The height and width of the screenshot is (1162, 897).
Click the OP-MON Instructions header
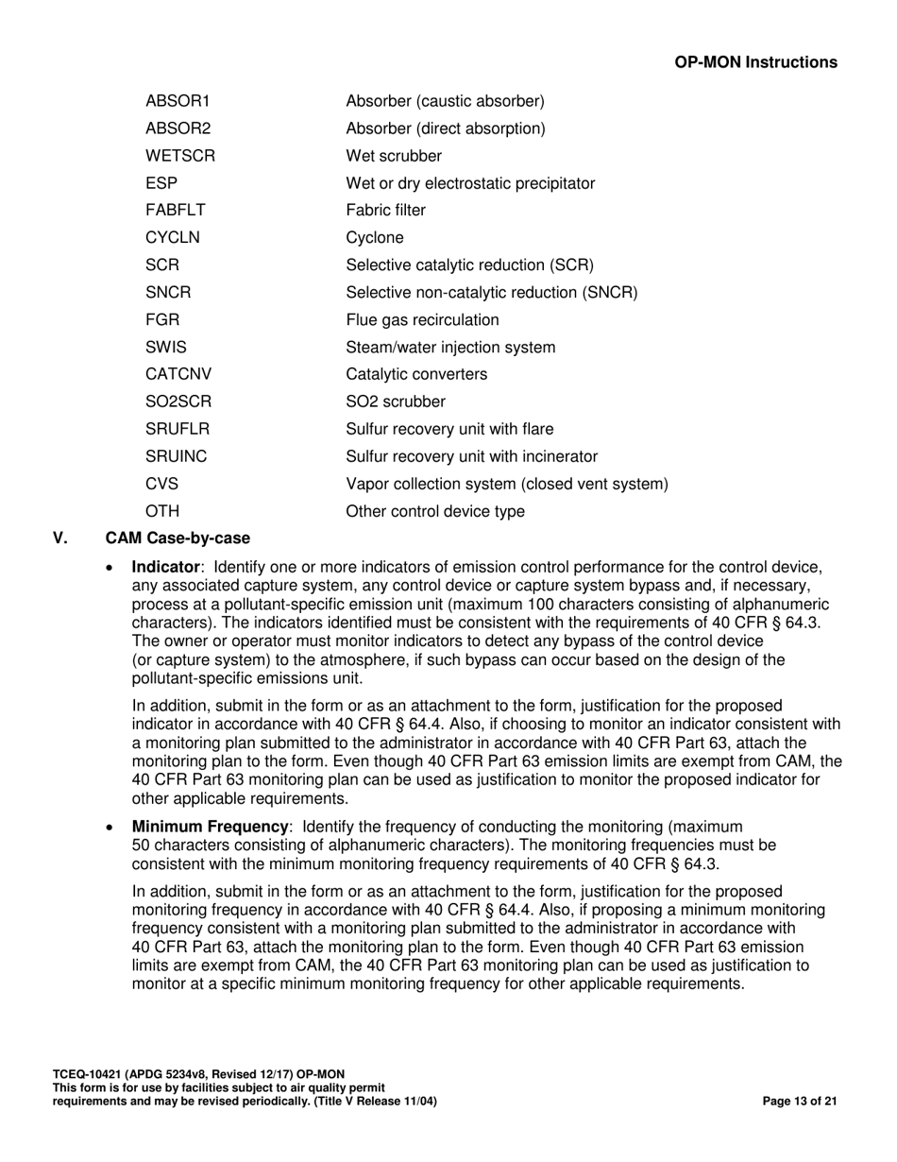755,62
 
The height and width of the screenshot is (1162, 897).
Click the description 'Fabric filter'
385,211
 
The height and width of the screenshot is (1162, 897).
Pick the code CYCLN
172,238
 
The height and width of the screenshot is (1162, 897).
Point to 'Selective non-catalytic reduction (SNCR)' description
491,293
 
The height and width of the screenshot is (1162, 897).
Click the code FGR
161,320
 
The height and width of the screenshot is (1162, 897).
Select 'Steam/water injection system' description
450,348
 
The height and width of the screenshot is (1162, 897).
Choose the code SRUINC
176,457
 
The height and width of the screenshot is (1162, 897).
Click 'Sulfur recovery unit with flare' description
449,430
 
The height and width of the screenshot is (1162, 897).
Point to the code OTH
161,512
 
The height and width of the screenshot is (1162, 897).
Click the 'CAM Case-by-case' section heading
178,538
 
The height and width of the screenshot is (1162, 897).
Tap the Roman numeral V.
60,538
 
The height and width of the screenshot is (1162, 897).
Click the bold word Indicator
165,567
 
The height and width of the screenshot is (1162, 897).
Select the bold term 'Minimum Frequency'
210,827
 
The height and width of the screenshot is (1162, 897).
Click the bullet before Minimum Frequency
112,828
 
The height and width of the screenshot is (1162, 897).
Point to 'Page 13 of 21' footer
799,1102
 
